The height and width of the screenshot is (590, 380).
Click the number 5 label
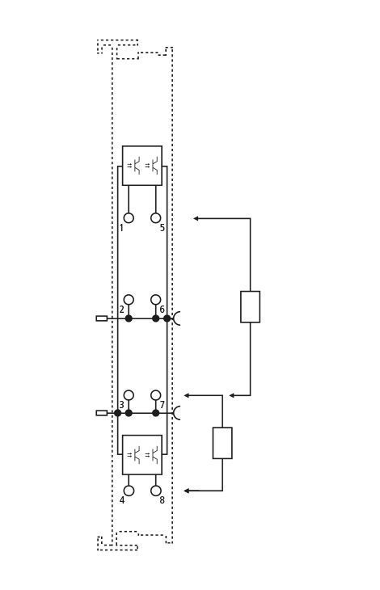[163, 228]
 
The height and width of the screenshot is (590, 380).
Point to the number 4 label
[122, 500]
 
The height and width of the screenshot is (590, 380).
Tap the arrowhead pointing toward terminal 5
[196, 218]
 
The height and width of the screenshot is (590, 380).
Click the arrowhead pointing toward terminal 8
[186, 491]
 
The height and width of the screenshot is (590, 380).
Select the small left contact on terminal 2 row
[102, 318]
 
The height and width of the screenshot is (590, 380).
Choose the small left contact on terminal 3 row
[102, 413]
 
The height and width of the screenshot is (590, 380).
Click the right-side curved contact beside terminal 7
[175, 413]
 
